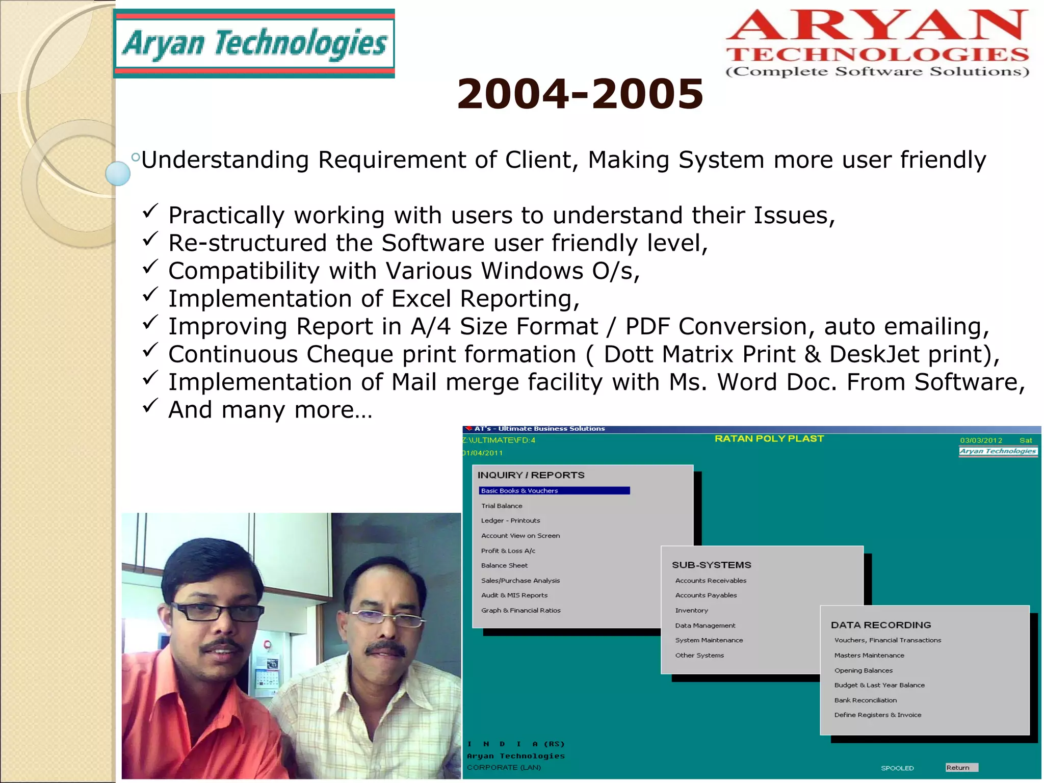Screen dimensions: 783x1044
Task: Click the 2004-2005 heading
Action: click(x=580, y=94)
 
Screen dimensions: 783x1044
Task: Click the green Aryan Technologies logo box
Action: click(x=254, y=44)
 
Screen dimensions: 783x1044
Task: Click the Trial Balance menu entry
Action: click(x=502, y=506)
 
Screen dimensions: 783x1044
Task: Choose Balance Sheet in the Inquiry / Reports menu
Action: click(x=504, y=565)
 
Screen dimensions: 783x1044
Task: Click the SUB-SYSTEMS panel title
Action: click(x=711, y=565)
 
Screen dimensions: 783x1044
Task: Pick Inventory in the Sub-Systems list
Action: click(x=691, y=610)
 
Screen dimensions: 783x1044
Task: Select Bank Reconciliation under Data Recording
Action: click(x=865, y=700)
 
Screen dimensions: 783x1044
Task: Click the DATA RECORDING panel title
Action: click(x=880, y=625)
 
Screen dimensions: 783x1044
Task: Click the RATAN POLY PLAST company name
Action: click(x=769, y=439)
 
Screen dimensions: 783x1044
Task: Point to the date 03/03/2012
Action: click(x=981, y=440)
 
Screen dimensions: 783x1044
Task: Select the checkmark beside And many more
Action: click(x=150, y=406)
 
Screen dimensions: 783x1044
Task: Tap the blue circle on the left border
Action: click(x=118, y=173)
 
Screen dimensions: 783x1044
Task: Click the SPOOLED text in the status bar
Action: click(x=897, y=768)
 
